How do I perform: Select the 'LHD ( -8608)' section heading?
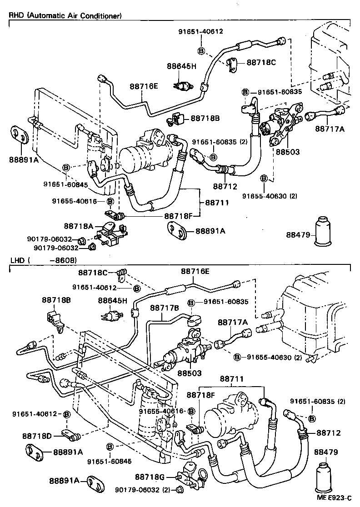pyautogui.click(x=43, y=260)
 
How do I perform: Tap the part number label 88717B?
pyautogui.click(x=165, y=308)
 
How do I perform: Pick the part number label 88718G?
pyautogui.click(x=150, y=477)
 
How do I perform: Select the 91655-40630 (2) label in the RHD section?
pyautogui.click(x=269, y=196)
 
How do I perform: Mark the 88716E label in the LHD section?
pyautogui.click(x=195, y=271)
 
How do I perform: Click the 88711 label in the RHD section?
pyautogui.click(x=219, y=202)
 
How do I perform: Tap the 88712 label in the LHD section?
pyautogui.click(x=328, y=433)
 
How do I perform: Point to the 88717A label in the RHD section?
pyautogui.click(x=330, y=129)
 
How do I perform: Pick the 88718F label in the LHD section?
pyautogui.click(x=201, y=395)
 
